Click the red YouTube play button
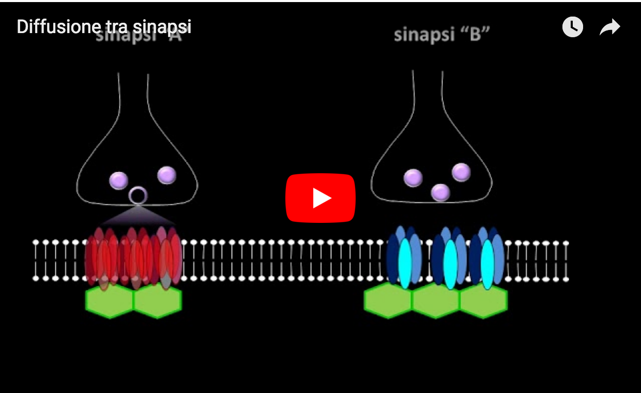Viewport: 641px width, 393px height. [320, 198]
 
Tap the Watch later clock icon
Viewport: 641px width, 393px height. [572, 27]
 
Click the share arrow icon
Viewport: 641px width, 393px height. [610, 27]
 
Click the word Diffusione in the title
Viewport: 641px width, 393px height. [55, 27]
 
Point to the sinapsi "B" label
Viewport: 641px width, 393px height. [441, 35]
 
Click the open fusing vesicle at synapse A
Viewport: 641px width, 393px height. [138, 195]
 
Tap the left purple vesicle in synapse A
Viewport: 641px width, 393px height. [118, 180]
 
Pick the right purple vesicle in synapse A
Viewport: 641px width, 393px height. [166, 175]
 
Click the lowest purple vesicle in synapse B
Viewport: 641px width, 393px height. [440, 192]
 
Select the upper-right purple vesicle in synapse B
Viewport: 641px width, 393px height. [461, 172]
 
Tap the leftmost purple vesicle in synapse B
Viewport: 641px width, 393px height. [413, 178]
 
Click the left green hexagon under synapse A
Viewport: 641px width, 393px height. [110, 301]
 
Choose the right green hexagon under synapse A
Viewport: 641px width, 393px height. [158, 301]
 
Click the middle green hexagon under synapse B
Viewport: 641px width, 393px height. [436, 301]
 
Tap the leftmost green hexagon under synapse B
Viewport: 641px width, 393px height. [388, 301]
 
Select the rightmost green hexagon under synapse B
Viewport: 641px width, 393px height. [483, 301]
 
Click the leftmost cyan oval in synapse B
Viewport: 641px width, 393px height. [405, 263]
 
